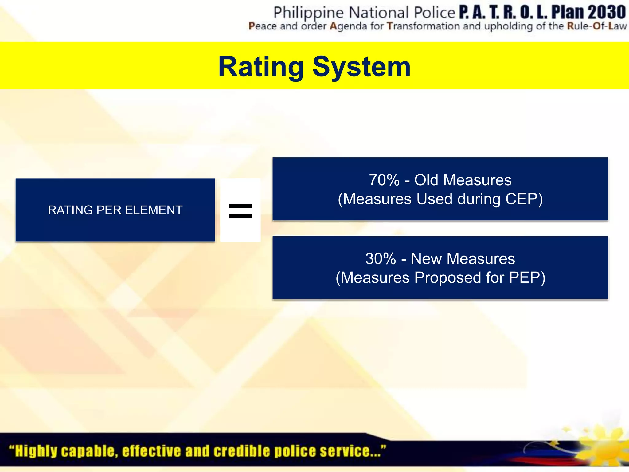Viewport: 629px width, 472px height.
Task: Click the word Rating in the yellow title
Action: tap(260, 67)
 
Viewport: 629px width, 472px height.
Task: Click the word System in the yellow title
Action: tap(361, 67)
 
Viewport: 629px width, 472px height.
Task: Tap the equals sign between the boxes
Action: tap(240, 211)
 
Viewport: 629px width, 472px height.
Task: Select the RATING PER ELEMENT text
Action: tap(115, 210)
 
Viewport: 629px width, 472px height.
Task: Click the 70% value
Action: tap(384, 180)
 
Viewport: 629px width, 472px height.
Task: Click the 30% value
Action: tap(381, 259)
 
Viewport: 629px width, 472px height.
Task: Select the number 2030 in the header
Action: tap(607, 12)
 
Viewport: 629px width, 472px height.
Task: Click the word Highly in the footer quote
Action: tap(36, 451)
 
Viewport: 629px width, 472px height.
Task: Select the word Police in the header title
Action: tap(435, 13)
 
